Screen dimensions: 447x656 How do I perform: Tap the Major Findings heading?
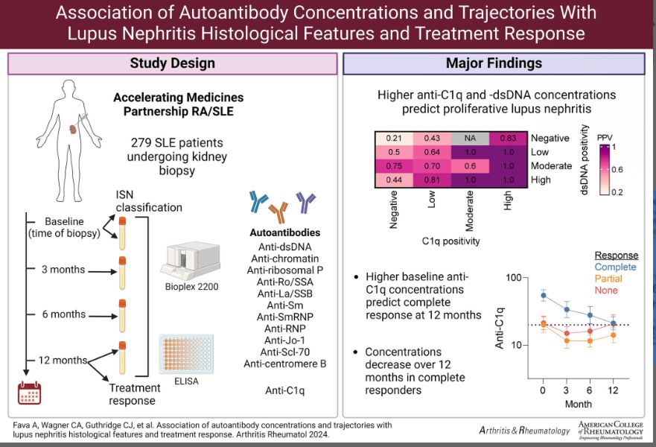tap(494, 63)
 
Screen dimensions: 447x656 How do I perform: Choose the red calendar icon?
tap(30, 392)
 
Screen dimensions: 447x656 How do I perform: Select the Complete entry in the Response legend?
tap(615, 267)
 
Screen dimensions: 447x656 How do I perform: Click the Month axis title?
tap(578, 403)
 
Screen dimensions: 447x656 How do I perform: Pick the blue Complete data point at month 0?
tap(543, 296)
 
